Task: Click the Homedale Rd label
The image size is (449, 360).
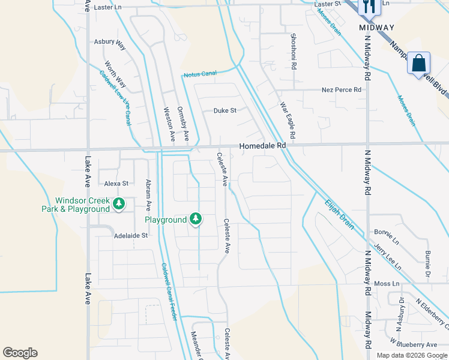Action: point(262,146)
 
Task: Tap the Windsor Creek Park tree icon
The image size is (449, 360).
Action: point(119,204)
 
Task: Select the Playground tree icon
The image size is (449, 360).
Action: point(195,219)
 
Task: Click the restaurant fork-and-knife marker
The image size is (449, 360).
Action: point(367,7)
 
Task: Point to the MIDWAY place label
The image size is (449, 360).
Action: point(376,28)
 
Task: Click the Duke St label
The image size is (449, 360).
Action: point(226,110)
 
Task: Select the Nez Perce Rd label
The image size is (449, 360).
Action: point(342,90)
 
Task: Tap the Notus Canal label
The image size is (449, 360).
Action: point(200,74)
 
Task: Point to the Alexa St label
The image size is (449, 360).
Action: point(116,183)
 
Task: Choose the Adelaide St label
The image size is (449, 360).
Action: point(131,236)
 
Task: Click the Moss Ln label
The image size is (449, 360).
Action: point(387,283)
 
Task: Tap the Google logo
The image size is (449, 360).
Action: point(20,353)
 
